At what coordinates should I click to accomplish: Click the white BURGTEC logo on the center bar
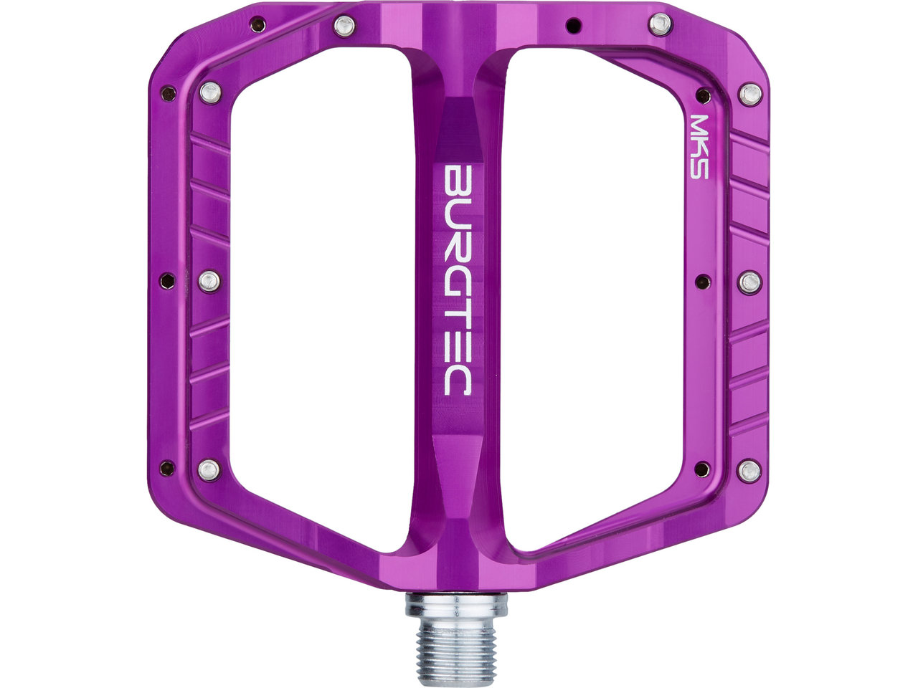tap(457, 280)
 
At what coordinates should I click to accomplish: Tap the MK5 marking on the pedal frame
tap(699, 147)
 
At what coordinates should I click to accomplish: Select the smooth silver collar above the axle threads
tap(457, 611)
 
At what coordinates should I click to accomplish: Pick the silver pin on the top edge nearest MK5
tap(660, 24)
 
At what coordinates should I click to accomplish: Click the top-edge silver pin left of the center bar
tap(345, 26)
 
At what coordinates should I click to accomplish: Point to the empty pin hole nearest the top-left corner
tap(257, 24)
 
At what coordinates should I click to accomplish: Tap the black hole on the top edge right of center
tap(573, 26)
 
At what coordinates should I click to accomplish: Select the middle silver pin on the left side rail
tap(209, 281)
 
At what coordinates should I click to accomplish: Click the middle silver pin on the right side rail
tap(750, 282)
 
